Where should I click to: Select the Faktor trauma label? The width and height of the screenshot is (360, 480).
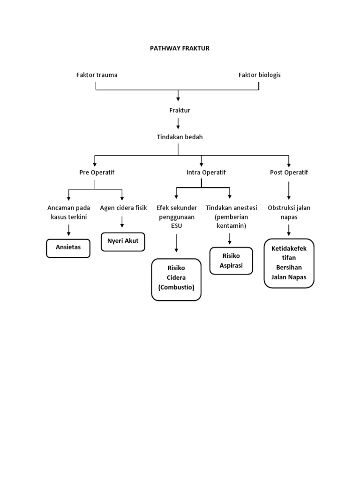coord(97,75)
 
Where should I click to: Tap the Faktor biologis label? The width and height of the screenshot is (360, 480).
coord(259,75)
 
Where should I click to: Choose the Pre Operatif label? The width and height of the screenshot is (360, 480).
coord(97,172)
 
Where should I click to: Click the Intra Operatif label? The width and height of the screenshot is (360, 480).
coord(206,172)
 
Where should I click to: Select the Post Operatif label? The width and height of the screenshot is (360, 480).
coord(289,172)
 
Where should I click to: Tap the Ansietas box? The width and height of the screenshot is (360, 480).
coord(68,248)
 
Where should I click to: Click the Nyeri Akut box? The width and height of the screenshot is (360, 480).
coord(123,242)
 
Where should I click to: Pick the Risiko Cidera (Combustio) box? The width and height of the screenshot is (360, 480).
coord(176,279)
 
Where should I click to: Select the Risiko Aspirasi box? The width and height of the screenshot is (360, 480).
coord(231,261)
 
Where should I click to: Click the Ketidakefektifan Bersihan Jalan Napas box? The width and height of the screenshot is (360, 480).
coord(289,263)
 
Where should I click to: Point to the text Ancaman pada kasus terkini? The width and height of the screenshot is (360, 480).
coord(68,212)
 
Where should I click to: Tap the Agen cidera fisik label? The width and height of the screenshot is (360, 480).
coord(123,208)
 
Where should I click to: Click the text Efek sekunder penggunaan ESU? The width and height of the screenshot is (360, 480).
coord(176,217)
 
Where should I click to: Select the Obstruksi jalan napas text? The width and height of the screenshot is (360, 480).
coord(289,212)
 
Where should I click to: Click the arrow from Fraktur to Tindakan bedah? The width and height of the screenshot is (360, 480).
coord(178,123)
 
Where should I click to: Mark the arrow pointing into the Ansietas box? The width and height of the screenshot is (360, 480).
coord(69,230)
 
